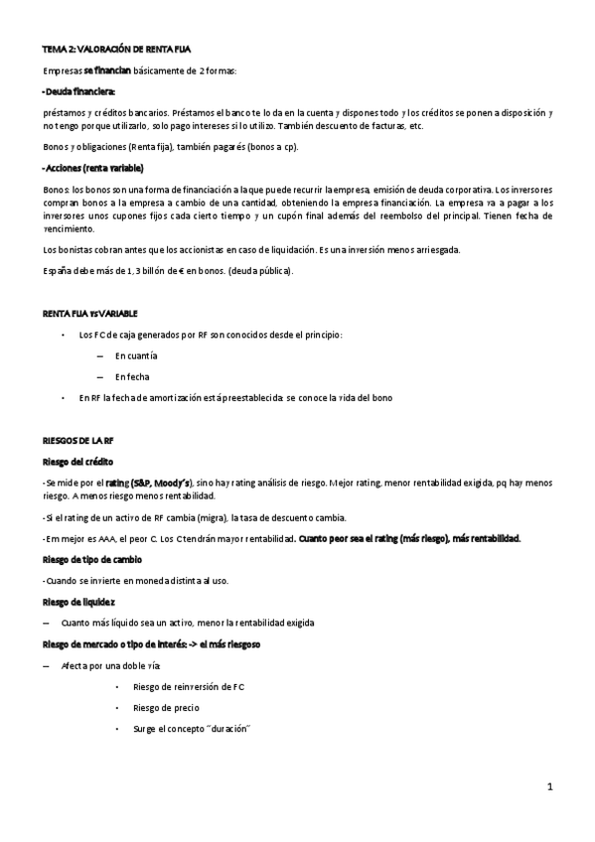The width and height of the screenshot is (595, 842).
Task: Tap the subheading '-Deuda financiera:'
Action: [79, 91]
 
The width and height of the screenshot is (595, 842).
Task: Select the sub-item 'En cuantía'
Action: [135, 355]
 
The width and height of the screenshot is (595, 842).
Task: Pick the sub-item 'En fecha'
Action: [131, 377]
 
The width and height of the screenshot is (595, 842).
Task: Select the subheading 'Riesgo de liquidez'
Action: [78, 602]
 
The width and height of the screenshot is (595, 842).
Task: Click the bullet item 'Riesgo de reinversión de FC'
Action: [188, 686]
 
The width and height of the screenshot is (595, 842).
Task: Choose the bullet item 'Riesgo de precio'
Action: [165, 708]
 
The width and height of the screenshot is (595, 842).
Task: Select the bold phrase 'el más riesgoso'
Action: [229, 644]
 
